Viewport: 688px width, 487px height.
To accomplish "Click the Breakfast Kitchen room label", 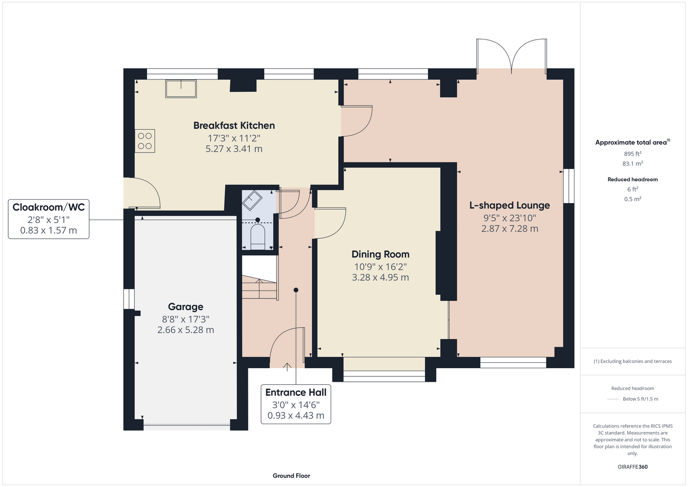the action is (x=234, y=125).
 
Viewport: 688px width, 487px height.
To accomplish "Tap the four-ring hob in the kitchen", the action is (x=145, y=141).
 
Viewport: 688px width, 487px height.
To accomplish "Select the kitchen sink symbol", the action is (x=181, y=89).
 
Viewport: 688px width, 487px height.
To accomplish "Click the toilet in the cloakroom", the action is (x=258, y=237).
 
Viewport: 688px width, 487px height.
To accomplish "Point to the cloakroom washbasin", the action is (x=252, y=200).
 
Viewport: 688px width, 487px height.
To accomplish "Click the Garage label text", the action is (x=186, y=307).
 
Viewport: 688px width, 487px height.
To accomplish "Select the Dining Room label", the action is (x=381, y=254).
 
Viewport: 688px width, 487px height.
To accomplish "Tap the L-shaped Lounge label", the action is (x=510, y=205).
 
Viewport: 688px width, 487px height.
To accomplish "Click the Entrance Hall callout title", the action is (x=296, y=393).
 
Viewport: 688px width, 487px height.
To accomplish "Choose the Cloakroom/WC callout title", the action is (x=49, y=207).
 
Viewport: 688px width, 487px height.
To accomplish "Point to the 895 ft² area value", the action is (x=632, y=153).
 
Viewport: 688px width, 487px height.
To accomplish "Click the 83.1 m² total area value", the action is (x=632, y=164).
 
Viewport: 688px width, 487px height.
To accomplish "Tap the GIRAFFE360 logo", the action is (x=632, y=467).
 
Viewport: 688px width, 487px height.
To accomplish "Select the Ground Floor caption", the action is (x=291, y=476).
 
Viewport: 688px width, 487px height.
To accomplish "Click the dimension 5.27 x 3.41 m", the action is (x=234, y=149).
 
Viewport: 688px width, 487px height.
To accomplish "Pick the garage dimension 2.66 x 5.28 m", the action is (x=186, y=330).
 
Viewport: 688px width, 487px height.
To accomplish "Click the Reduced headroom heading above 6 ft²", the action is (x=632, y=179).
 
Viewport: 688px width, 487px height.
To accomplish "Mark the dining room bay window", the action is (x=384, y=375).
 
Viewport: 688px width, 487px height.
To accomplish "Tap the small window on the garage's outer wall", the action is (x=129, y=299).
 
